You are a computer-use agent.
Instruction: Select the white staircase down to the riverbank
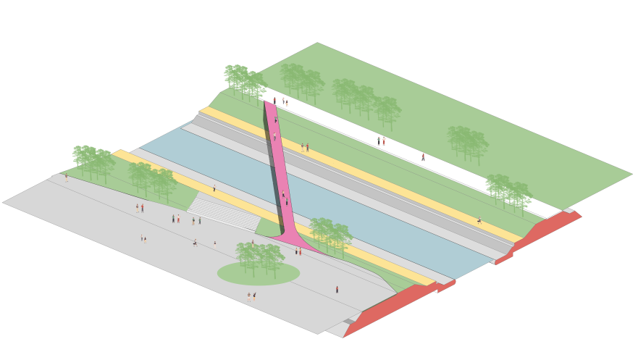[224, 212]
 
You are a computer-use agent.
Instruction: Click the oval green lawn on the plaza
[258, 274]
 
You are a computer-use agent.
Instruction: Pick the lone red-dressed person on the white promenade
[423, 156]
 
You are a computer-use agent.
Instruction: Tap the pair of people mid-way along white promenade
[381, 141]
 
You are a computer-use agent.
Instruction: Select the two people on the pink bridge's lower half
[285, 198]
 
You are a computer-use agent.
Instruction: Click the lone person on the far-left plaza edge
[66, 177]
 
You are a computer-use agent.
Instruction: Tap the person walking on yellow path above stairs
[214, 188]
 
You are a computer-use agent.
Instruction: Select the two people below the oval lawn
[251, 296]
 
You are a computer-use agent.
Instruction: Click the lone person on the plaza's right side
[337, 289]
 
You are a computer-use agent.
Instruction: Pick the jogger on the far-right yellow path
[479, 220]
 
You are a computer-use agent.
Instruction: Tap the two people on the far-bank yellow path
[304, 147]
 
